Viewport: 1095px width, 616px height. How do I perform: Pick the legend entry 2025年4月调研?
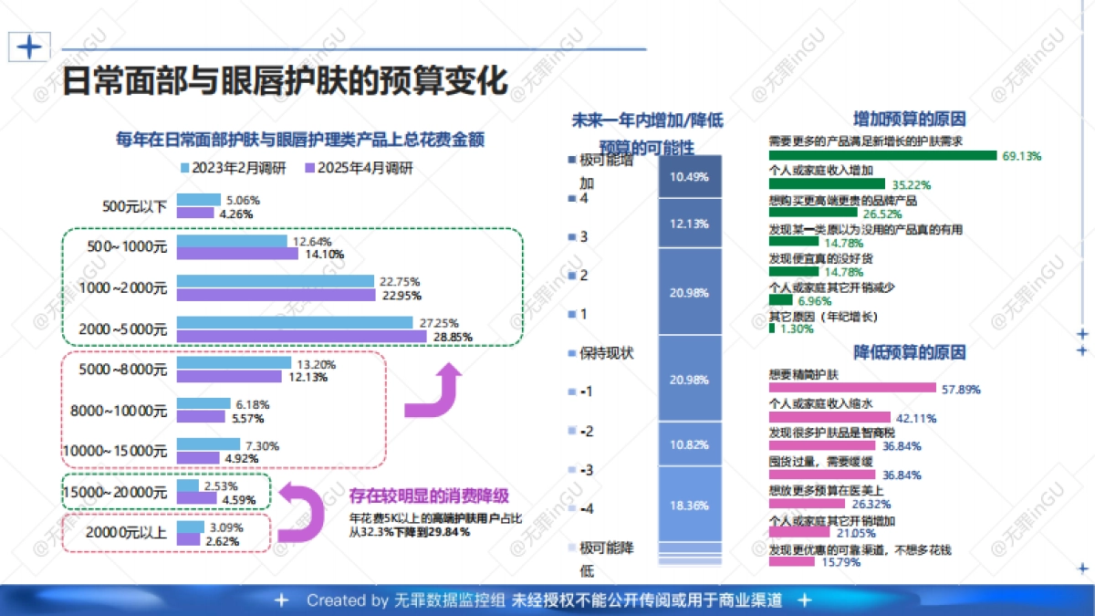(x=358, y=168)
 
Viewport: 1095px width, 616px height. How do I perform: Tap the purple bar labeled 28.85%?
(x=301, y=337)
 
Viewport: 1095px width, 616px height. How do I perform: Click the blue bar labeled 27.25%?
(x=294, y=323)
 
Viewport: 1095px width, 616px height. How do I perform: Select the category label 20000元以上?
(x=126, y=533)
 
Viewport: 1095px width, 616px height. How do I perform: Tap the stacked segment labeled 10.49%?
(x=689, y=177)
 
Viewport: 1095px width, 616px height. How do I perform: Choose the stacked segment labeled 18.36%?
(x=689, y=504)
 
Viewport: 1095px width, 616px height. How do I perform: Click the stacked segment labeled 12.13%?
(x=689, y=224)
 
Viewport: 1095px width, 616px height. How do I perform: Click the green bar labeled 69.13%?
(x=882, y=155)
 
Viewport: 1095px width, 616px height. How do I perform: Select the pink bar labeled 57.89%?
(x=852, y=389)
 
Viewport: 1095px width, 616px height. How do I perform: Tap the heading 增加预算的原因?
(x=909, y=119)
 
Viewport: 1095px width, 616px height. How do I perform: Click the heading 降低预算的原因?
(x=909, y=352)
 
